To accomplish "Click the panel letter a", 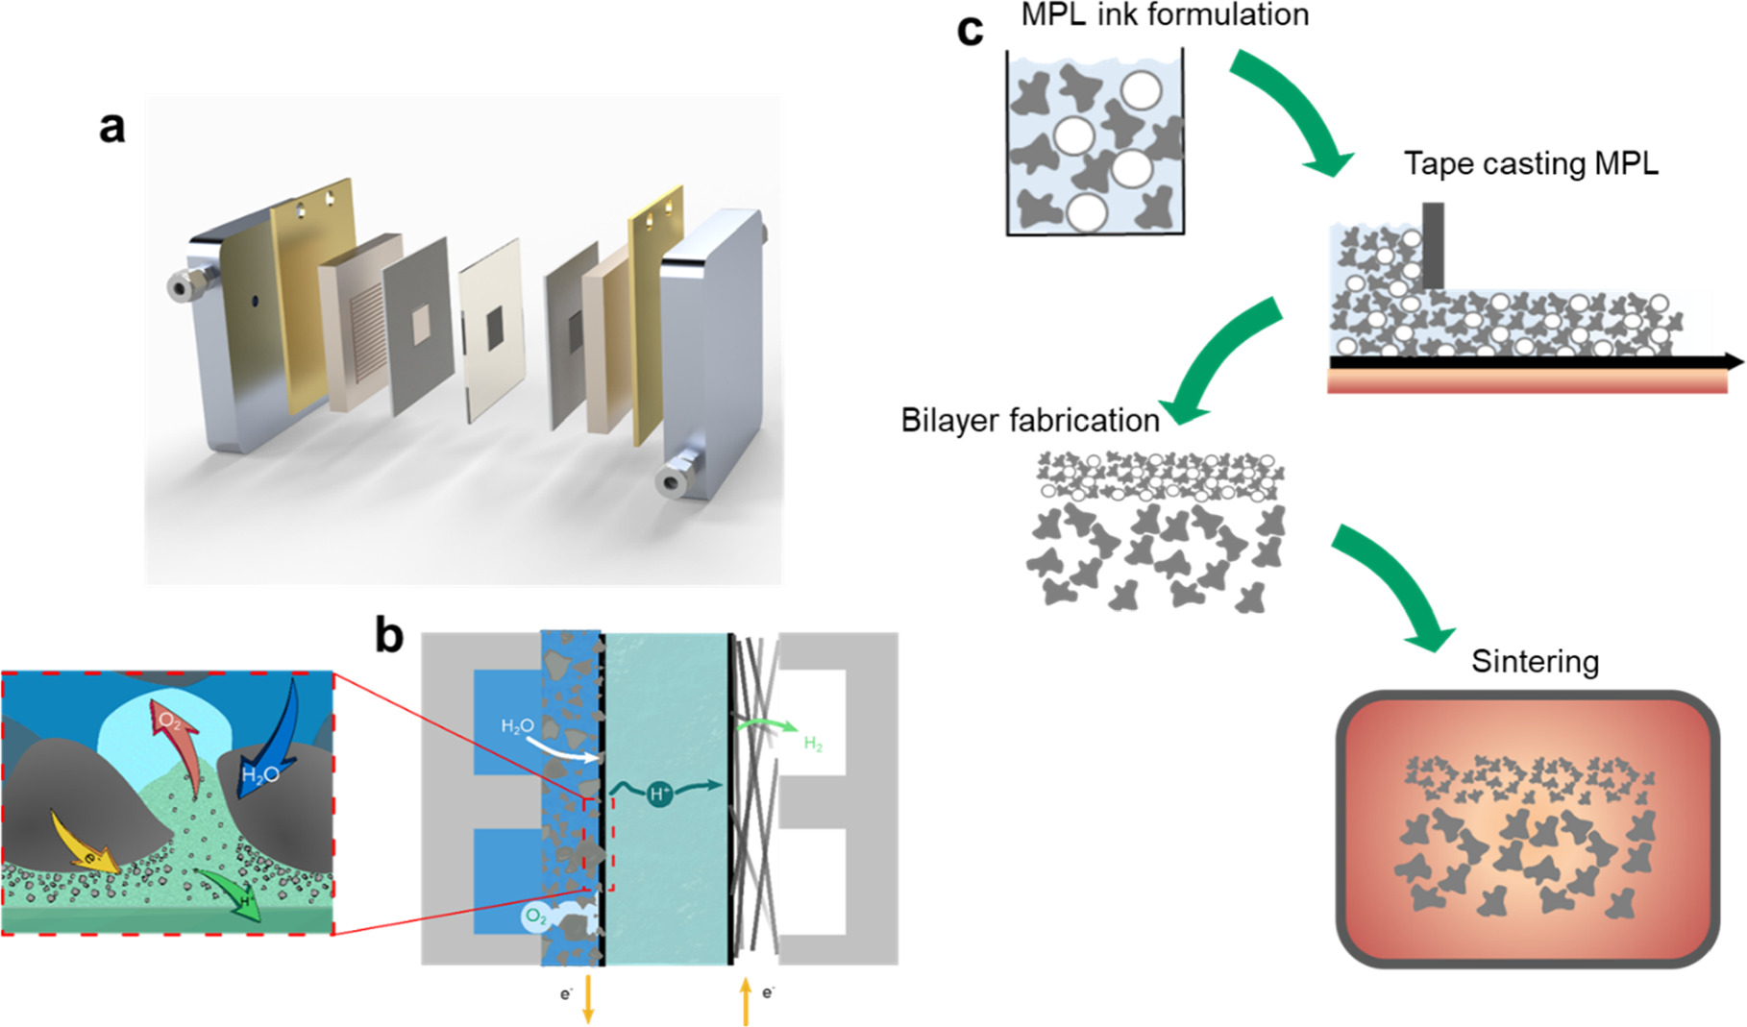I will (x=112, y=128).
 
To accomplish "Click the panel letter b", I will (x=389, y=636).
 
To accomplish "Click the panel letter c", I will (x=971, y=31).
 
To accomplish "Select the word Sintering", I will (x=1535, y=662).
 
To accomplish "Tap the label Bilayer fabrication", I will (x=1029, y=421).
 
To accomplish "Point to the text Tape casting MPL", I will (x=1531, y=163).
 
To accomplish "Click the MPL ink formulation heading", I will (x=1165, y=15).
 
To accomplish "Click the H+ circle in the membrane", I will (x=660, y=794).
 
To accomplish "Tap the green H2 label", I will (x=813, y=743).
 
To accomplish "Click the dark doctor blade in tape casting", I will (x=1433, y=245).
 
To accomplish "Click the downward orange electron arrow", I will (x=588, y=1001).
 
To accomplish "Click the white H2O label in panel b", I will (x=517, y=727).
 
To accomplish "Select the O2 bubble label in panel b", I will (x=535, y=917).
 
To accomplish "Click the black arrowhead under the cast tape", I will (x=1734, y=361).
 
